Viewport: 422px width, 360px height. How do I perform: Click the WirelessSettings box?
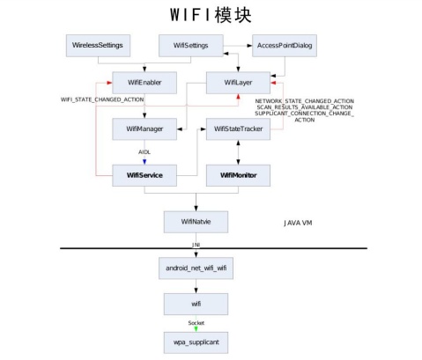(98, 46)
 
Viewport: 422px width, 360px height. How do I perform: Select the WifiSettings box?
(191, 46)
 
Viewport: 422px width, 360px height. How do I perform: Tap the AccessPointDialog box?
(285, 46)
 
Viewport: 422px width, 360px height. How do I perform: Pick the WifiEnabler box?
(144, 83)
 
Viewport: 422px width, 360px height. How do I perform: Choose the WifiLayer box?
(238, 83)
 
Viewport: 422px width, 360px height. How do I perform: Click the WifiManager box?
(144, 129)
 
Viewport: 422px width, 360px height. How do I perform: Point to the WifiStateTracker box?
(238, 129)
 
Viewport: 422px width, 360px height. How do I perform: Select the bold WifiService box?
(144, 175)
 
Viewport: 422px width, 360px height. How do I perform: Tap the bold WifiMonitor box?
(238, 175)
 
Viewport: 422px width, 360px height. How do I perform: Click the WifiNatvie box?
(196, 222)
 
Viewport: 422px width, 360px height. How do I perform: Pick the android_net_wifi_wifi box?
(196, 268)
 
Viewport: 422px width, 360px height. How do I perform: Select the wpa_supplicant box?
(196, 342)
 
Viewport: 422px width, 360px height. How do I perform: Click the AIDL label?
(144, 152)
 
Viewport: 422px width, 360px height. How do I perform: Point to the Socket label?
(196, 323)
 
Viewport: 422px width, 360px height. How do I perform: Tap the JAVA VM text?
(298, 223)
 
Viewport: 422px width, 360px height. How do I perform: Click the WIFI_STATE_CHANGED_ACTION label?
(102, 99)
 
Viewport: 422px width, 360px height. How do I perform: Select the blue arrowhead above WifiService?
(144, 162)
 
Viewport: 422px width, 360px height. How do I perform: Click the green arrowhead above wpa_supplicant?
(196, 329)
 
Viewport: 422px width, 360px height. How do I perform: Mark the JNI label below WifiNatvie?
(196, 245)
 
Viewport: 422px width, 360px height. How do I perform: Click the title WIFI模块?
(211, 15)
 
